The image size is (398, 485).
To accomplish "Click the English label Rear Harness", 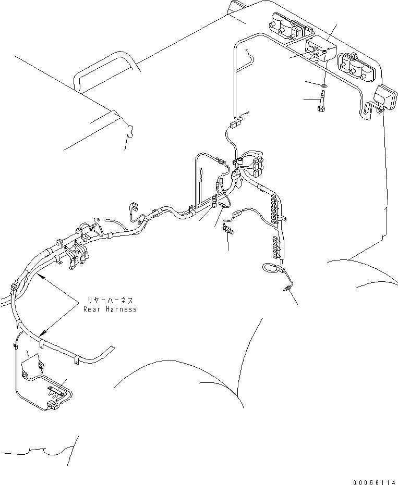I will click(110, 309).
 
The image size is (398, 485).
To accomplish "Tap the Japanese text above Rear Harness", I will click(110, 301).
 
